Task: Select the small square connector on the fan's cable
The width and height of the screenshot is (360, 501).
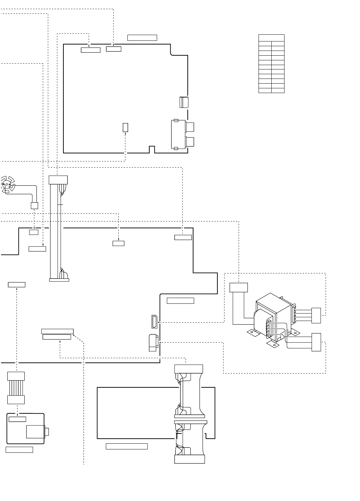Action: [x=34, y=205]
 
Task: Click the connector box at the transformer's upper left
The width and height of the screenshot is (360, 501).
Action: [x=239, y=288]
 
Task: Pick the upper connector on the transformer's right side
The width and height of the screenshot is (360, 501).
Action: [x=316, y=315]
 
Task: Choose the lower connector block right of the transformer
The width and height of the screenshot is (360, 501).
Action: [x=316, y=342]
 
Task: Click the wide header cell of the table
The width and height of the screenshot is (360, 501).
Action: [x=271, y=38]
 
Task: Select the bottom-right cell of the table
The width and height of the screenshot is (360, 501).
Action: [x=278, y=90]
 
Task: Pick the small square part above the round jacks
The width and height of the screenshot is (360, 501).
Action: [x=184, y=102]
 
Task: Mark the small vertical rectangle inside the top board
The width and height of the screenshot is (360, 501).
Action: [x=125, y=127]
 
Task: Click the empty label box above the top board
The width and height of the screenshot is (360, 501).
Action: [x=142, y=37]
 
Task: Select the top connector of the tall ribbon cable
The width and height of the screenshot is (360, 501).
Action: [x=58, y=180]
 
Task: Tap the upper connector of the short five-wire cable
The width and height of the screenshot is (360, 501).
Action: [x=16, y=376]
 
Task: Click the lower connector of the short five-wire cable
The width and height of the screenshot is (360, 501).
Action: [x=16, y=400]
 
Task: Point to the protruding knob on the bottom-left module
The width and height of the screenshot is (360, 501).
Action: [x=47, y=432]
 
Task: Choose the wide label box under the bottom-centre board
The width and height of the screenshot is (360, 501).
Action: [x=127, y=446]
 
